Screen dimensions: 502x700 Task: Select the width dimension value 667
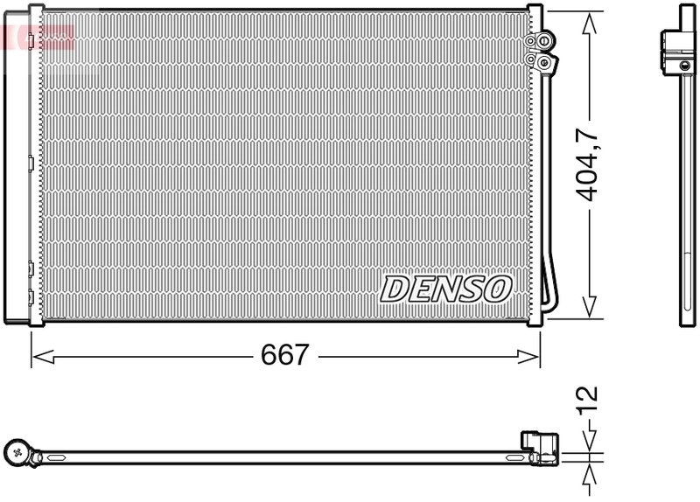[286, 355]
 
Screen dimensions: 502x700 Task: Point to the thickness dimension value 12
[591, 398]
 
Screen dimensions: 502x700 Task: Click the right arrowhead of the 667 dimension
[533, 355]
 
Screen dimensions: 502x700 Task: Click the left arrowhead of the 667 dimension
[40, 355]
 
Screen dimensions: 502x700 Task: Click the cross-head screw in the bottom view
[18, 452]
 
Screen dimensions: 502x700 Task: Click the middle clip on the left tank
[31, 161]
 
